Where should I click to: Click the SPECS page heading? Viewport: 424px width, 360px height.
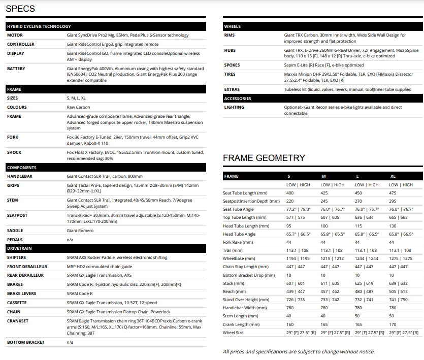(20, 9)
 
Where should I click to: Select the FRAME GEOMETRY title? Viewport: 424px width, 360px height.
(264, 158)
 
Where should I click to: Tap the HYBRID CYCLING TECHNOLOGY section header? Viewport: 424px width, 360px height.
(39, 26)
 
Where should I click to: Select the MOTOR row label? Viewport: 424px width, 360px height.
(15, 35)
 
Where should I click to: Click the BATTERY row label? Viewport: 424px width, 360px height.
(16, 68)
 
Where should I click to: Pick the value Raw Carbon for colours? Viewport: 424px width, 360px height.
(79, 107)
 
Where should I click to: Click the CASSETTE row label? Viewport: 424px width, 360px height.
(18, 302)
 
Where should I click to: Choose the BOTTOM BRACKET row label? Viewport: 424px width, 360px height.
(25, 342)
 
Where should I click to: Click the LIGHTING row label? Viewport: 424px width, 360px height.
(234, 107)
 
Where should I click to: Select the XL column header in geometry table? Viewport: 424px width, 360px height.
(393, 176)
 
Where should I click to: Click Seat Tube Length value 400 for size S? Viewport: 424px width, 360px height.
(290, 193)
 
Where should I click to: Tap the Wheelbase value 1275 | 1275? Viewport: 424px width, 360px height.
(401, 258)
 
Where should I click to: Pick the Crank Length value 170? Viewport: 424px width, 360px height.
(393, 324)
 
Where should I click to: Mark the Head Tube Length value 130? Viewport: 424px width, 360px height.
(393, 226)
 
